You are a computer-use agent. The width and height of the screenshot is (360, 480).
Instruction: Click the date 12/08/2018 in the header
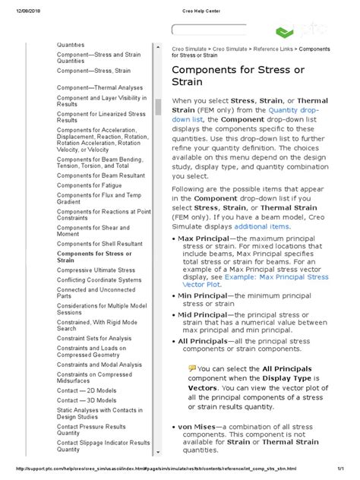pos(24,8)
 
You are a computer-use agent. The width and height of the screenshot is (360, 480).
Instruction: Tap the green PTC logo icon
pos(285,32)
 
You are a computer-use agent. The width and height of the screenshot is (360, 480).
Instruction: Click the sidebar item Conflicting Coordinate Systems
pos(99,280)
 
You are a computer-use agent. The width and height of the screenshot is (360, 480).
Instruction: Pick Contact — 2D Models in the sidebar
pos(87,389)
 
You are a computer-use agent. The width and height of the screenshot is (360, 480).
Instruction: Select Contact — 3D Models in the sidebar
pos(87,399)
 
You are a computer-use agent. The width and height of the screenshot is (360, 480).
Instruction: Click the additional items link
pos(262,226)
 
